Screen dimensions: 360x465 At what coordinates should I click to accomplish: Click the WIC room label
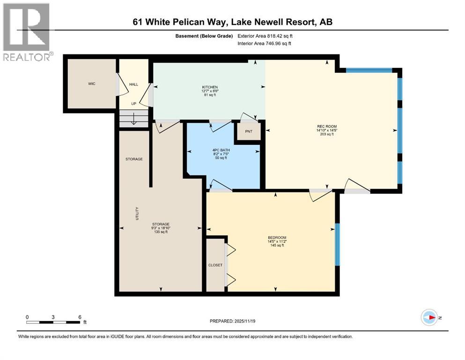tap(91, 84)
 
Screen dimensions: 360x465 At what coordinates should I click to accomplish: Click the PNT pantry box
tap(248, 131)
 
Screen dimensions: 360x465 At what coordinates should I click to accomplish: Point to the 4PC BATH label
tap(220, 150)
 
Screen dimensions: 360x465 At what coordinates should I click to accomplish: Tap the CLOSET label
tap(215, 265)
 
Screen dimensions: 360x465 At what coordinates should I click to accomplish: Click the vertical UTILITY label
tap(137, 214)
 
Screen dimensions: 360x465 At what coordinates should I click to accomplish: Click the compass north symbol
tap(429, 318)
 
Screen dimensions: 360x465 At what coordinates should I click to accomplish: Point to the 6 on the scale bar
tap(80, 317)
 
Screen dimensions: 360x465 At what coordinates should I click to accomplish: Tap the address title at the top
tap(232, 22)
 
